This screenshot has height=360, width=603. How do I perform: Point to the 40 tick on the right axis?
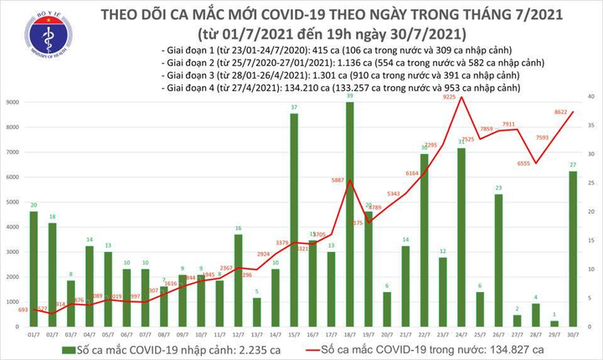(x=590, y=98)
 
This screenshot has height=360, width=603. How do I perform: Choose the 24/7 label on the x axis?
(x=461, y=333)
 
